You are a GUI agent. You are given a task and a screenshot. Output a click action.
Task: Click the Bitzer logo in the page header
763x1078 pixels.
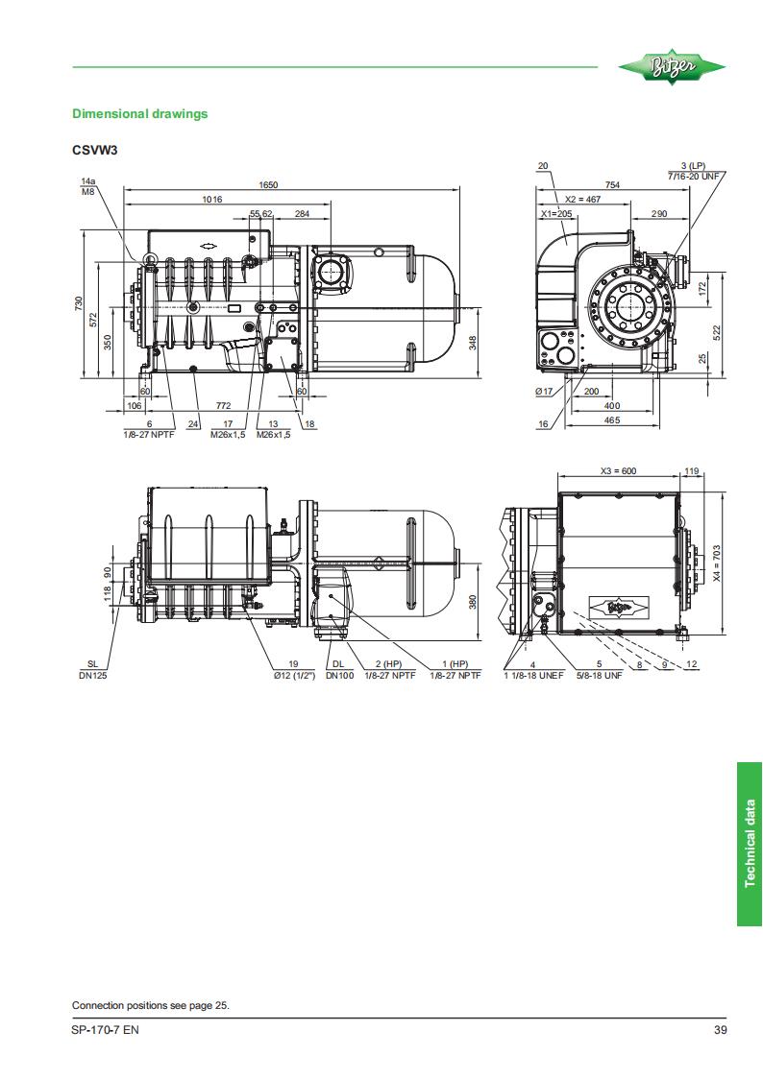pos(672,67)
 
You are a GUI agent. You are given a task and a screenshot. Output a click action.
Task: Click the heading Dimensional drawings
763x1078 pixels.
pos(139,114)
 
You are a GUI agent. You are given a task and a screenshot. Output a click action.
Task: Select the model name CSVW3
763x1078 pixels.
pos(95,150)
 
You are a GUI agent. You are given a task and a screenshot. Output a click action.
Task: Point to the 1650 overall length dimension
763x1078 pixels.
pos(268,185)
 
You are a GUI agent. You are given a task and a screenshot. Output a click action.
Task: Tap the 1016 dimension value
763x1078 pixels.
pos(212,200)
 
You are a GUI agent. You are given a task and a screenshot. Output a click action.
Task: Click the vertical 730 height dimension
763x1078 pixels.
pos(79,302)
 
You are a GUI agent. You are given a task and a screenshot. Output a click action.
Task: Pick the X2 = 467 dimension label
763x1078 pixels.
pos(582,200)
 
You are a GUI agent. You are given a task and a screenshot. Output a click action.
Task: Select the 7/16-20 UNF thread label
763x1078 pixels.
pos(693,176)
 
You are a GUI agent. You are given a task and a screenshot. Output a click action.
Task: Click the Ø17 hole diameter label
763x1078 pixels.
pos(544,392)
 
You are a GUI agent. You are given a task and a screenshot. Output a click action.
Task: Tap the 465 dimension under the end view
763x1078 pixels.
pos(611,420)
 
